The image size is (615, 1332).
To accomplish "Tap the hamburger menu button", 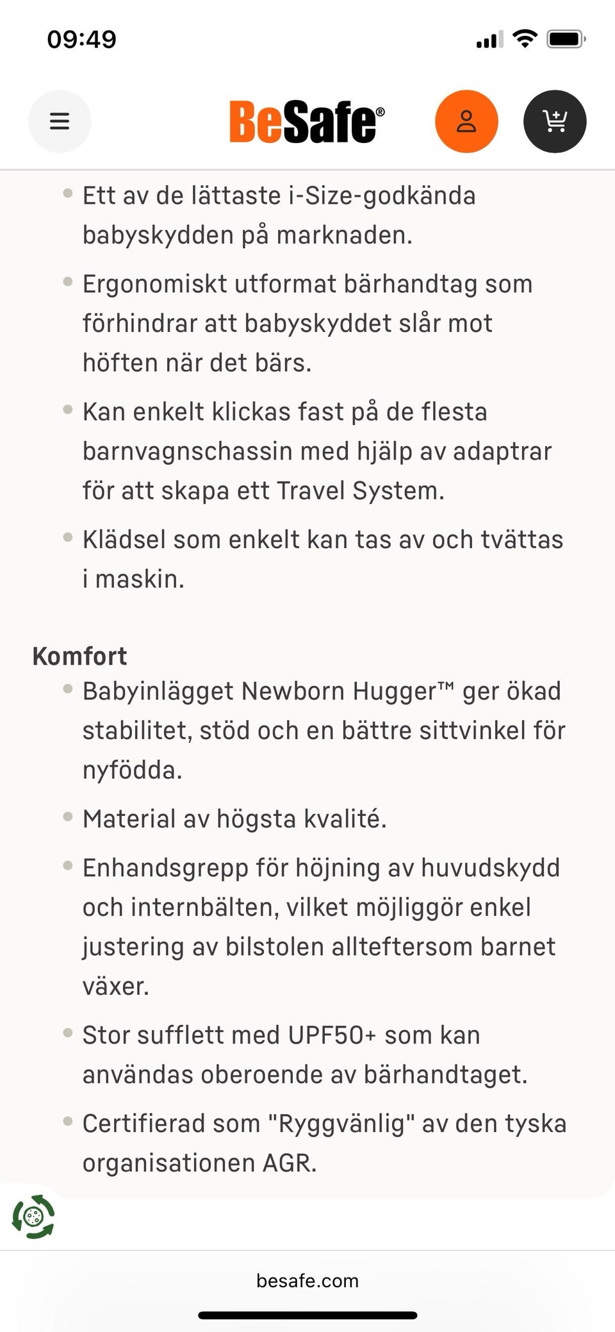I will pyautogui.click(x=60, y=121).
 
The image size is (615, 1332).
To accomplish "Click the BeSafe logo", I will pyautogui.click(x=307, y=122).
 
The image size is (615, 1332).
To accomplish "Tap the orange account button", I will pyautogui.click(x=466, y=121).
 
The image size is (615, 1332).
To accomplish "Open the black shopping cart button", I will pyautogui.click(x=555, y=121).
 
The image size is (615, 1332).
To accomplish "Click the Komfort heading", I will pyautogui.click(x=79, y=656).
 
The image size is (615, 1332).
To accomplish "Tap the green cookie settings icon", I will pyautogui.click(x=33, y=1217).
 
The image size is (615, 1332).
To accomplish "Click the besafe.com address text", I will pyautogui.click(x=307, y=1281).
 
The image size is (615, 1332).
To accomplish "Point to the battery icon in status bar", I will pyautogui.click(x=566, y=39).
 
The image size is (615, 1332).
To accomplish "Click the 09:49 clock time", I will pyautogui.click(x=82, y=39).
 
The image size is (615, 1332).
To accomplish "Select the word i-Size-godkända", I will pyautogui.click(x=382, y=196).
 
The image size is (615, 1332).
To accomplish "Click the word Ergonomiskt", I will pyautogui.click(x=154, y=284).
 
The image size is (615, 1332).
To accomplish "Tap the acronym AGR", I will pyautogui.click(x=290, y=1163).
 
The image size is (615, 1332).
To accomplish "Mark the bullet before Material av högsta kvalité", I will pyautogui.click(x=68, y=817).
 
